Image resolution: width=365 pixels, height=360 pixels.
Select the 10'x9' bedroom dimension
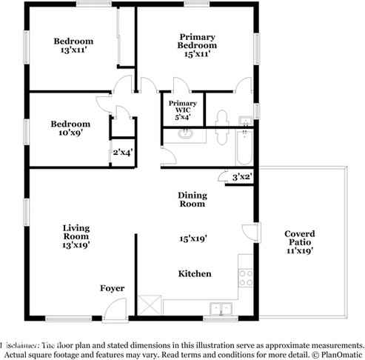point(70,135)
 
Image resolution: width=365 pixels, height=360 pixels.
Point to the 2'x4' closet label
point(122,153)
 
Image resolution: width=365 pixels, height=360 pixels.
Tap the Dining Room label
point(192,199)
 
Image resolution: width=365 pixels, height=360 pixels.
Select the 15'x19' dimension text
point(192,239)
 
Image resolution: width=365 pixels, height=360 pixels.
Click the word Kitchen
point(195,274)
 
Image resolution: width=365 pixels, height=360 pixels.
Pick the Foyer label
point(113,288)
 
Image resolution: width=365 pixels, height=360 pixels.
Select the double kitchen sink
point(220,307)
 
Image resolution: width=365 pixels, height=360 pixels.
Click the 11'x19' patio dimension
point(300,250)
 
